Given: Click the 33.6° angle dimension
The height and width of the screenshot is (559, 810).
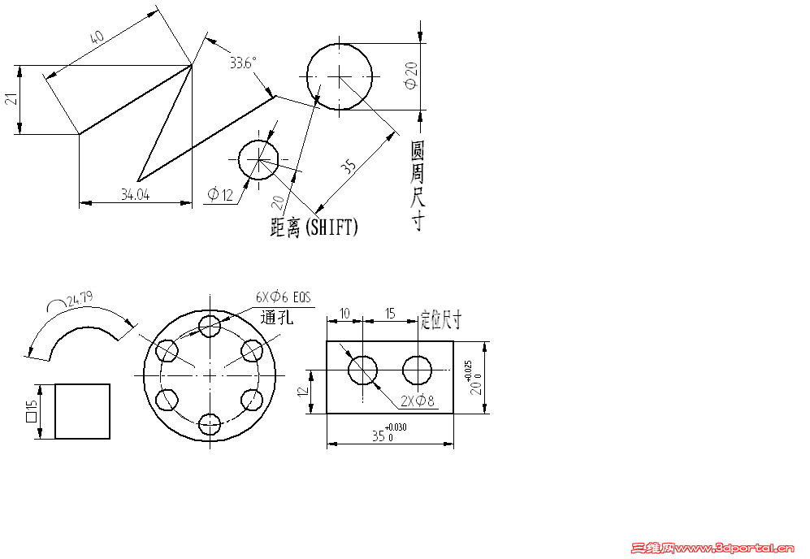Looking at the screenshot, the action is [243, 63].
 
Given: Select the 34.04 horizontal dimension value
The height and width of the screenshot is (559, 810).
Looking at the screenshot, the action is [136, 194].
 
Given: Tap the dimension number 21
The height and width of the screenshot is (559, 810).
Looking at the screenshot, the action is [11, 98].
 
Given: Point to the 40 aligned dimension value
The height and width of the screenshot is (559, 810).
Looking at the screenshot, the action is [97, 37].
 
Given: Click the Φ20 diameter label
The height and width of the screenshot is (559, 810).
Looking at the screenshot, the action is [412, 76].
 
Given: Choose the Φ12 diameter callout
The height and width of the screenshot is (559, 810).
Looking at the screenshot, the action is [220, 194].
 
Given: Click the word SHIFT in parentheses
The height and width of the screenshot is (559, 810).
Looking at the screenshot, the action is [331, 227].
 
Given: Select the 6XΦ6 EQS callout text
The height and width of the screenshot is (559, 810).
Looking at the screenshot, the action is [284, 297].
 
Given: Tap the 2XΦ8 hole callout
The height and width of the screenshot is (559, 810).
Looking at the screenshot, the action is [418, 401].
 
